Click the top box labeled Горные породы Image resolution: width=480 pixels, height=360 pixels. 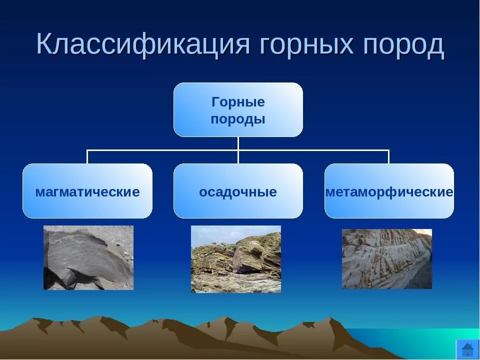238,109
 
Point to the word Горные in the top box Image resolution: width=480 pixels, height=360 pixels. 238,102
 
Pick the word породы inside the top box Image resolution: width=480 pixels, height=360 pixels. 238,119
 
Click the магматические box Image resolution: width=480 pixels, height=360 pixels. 87,191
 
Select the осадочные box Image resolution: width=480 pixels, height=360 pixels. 238,191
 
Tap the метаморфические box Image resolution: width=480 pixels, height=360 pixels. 389,191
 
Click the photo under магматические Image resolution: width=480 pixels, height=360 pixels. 88,257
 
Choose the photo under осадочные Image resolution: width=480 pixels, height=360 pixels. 236,259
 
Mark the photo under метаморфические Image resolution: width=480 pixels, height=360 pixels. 386,258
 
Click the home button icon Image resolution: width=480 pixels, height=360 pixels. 467,348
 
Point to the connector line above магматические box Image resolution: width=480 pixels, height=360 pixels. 87,156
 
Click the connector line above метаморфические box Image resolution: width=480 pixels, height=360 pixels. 389,156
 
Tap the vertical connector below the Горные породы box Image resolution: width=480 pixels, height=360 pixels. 238,143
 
